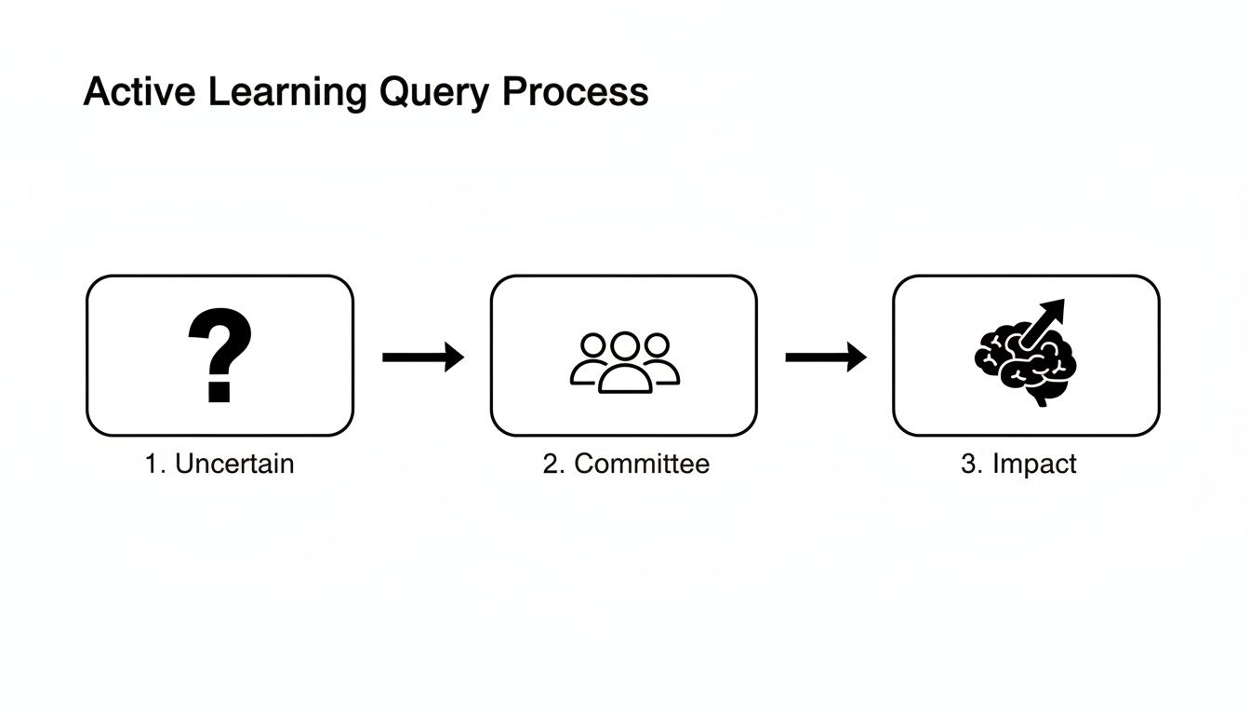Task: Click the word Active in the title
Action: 140,92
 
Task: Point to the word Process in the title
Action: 576,92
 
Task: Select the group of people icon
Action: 624,361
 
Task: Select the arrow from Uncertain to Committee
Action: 423,357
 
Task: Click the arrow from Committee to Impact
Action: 826,357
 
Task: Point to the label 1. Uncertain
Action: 219,464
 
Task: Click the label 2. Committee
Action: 625,464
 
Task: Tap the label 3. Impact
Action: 1018,464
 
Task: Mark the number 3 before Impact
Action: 968,464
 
